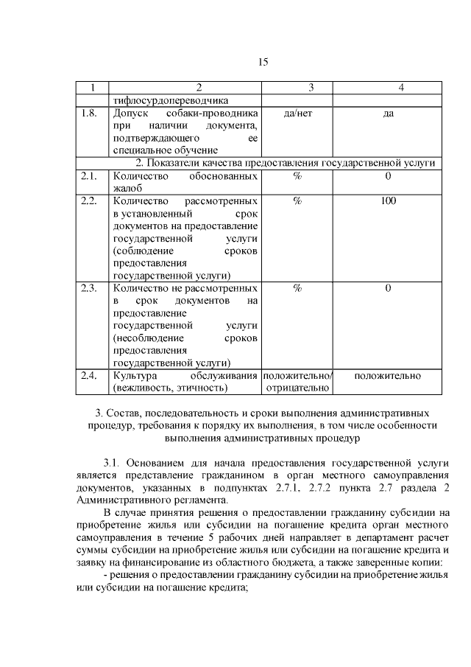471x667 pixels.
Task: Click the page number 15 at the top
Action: (x=263, y=62)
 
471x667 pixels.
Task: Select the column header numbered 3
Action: (x=297, y=88)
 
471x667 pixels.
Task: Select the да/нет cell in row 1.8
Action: (x=297, y=114)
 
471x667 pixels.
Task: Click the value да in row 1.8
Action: (x=388, y=114)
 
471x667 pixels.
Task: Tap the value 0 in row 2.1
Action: (x=388, y=176)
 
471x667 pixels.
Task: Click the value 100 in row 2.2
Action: (x=388, y=201)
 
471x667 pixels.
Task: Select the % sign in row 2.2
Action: (x=297, y=201)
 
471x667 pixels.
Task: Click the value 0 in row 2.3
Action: (x=388, y=288)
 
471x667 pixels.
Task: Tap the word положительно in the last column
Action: (x=388, y=376)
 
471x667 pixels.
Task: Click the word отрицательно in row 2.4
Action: (x=297, y=388)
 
